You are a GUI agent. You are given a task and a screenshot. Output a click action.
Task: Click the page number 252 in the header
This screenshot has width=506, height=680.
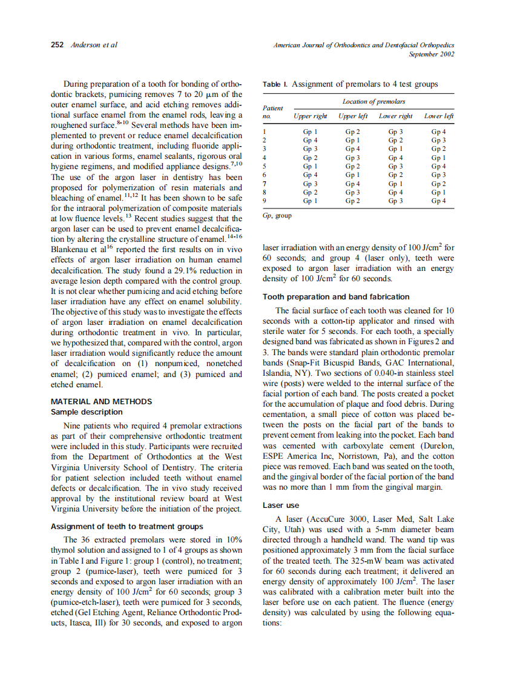pyautogui.click(x=57, y=45)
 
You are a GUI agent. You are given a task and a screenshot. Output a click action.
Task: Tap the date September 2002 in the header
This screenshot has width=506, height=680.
pyautogui.click(x=432, y=54)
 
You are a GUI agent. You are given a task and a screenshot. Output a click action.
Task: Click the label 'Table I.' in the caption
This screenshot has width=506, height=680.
pyautogui.click(x=275, y=84)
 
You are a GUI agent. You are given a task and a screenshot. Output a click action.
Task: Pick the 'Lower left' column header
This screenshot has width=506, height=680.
pyautogui.click(x=439, y=116)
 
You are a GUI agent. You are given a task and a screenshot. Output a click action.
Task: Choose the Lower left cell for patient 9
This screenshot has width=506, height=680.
pyautogui.click(x=439, y=201)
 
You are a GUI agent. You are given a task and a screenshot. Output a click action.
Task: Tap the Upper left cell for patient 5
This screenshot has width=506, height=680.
pyautogui.click(x=352, y=166)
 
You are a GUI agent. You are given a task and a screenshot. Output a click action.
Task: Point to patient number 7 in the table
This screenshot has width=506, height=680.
pyautogui.click(x=264, y=183)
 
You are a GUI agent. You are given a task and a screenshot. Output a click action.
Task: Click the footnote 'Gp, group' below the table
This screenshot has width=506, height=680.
pyautogui.click(x=277, y=215)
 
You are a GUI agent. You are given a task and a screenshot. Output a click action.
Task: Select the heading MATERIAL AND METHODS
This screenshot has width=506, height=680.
pyautogui.click(x=101, y=401)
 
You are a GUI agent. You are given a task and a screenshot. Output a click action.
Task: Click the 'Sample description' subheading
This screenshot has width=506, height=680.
pyautogui.click(x=87, y=412)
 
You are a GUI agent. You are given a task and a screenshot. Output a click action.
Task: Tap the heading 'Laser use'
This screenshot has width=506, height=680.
pyautogui.click(x=280, y=505)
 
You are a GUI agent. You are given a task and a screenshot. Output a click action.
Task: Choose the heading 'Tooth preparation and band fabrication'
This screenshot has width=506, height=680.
pyautogui.click(x=336, y=296)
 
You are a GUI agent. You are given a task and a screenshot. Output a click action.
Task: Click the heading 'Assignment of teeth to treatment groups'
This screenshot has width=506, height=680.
pyautogui.click(x=126, y=526)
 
